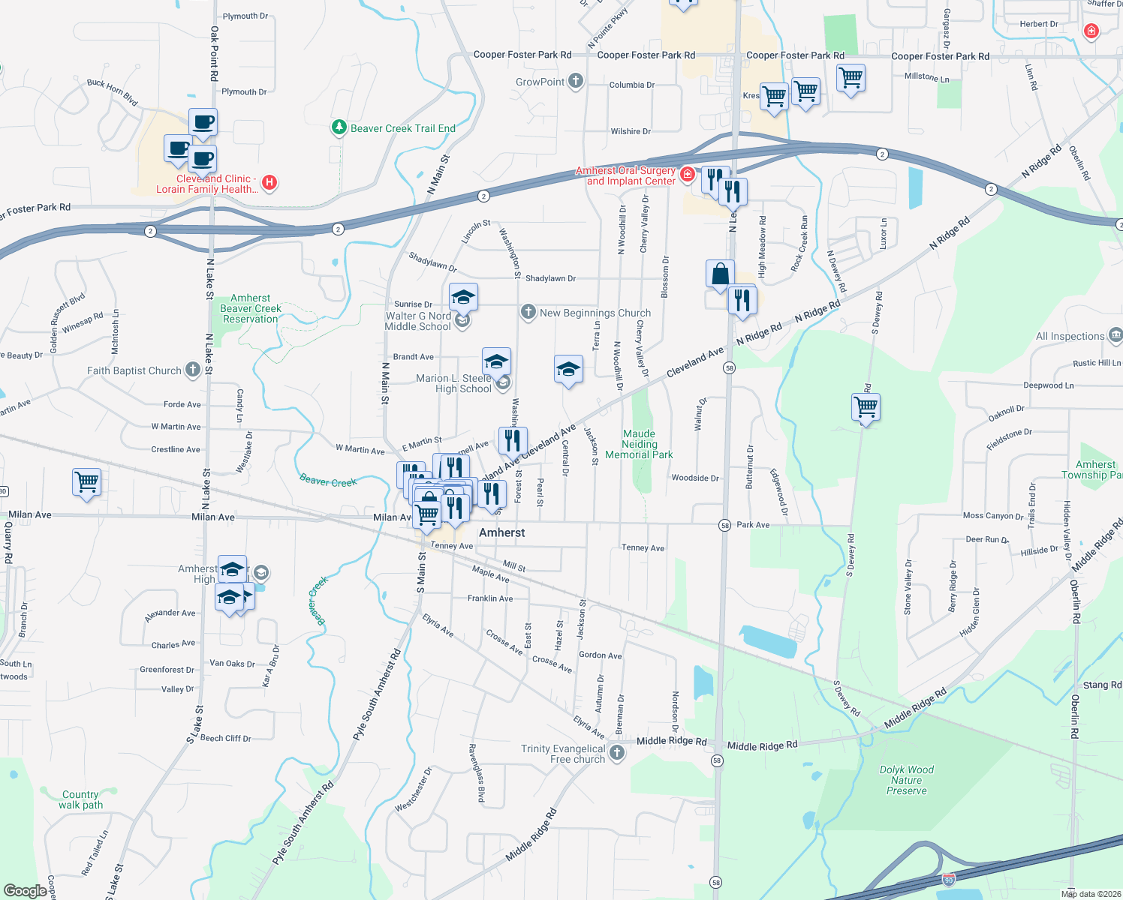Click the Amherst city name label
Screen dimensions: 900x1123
pyautogui.click(x=501, y=532)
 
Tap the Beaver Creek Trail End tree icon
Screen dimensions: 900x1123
pyautogui.click(x=339, y=128)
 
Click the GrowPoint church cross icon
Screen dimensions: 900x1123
pyautogui.click(x=576, y=81)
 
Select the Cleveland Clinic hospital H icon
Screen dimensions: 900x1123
pyautogui.click(x=269, y=182)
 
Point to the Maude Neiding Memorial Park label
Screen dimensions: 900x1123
pyautogui.click(x=639, y=444)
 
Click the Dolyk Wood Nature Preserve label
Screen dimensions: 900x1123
pyautogui.click(x=907, y=780)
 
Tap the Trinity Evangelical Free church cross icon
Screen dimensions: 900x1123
pyautogui.click(x=617, y=752)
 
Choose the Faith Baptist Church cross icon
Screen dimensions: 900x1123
pyautogui.click(x=193, y=369)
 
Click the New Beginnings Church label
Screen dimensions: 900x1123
pyautogui.click(x=595, y=313)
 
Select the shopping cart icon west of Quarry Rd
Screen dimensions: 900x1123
pyautogui.click(x=86, y=482)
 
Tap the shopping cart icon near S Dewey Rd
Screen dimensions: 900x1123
pyautogui.click(x=866, y=407)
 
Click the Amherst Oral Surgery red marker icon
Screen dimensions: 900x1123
pyautogui.click(x=687, y=175)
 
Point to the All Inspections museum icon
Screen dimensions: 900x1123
pyautogui.click(x=1115, y=334)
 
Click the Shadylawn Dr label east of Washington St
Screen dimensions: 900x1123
pyautogui.click(x=550, y=278)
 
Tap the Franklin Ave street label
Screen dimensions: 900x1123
pyautogui.click(x=490, y=598)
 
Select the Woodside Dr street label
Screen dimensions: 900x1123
pyautogui.click(x=695, y=478)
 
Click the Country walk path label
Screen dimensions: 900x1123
pyautogui.click(x=80, y=799)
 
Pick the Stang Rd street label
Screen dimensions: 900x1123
pyautogui.click(x=1102, y=685)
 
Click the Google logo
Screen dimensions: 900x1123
pyautogui.click(x=25, y=890)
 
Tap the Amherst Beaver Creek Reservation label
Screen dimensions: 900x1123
pyautogui.click(x=251, y=308)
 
